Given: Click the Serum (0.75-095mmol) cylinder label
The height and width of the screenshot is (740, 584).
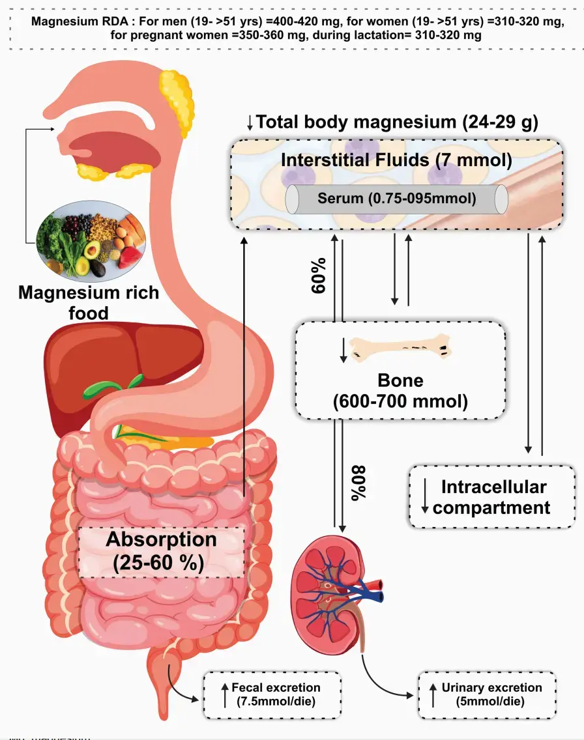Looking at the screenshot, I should [396, 198].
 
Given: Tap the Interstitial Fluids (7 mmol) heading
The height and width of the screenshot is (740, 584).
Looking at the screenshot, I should [396, 160].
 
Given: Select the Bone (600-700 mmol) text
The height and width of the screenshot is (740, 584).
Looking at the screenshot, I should [400, 391].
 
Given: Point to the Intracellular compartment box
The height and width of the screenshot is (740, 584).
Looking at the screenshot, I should [491, 496].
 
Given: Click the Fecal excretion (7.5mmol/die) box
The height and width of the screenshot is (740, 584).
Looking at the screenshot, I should [267, 694].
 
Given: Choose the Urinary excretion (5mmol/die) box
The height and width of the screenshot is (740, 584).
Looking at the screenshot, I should [486, 694].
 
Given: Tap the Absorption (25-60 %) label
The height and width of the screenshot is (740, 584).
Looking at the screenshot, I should [162, 550].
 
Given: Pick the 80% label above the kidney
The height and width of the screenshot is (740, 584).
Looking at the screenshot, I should [359, 482].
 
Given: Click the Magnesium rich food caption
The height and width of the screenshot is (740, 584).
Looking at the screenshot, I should [89, 302].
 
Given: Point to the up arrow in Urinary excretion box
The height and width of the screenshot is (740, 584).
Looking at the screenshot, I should [432, 696].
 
